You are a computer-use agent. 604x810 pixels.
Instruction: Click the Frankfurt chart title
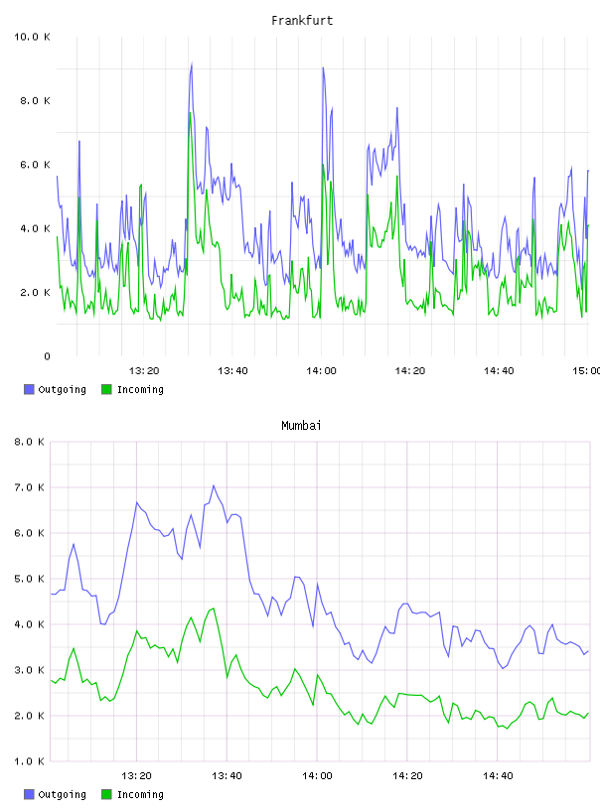(x=302, y=21)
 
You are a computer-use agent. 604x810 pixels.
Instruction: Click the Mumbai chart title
(x=301, y=426)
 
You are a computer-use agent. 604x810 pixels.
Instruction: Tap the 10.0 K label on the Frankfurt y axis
(x=32, y=37)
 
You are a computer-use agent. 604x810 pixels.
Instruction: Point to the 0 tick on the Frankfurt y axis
(x=47, y=356)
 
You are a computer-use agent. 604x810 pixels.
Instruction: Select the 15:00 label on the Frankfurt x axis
(x=586, y=371)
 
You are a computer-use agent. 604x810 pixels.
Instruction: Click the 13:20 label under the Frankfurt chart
(x=144, y=371)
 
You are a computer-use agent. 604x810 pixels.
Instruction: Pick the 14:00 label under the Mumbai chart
(x=317, y=776)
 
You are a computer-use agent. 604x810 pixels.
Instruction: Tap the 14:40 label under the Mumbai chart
(x=498, y=776)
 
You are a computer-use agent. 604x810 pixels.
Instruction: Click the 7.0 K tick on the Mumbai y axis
(x=30, y=487)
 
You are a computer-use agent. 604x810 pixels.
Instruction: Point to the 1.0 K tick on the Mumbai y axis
(x=30, y=761)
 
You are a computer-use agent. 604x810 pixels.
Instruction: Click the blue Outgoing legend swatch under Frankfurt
(x=29, y=389)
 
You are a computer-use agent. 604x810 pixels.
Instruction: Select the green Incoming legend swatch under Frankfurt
(x=106, y=389)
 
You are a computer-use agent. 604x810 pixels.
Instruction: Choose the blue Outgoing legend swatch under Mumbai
(x=29, y=794)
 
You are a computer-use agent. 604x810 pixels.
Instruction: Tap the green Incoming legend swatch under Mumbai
(x=106, y=794)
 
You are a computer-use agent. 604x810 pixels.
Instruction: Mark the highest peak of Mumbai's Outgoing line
(x=214, y=485)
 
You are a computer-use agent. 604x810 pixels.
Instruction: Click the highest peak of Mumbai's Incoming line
(x=213, y=608)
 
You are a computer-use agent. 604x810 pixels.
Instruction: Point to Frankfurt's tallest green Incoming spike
(x=190, y=112)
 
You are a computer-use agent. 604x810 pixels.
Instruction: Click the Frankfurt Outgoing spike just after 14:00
(x=323, y=67)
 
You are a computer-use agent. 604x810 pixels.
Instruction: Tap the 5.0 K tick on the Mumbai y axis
(x=30, y=579)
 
